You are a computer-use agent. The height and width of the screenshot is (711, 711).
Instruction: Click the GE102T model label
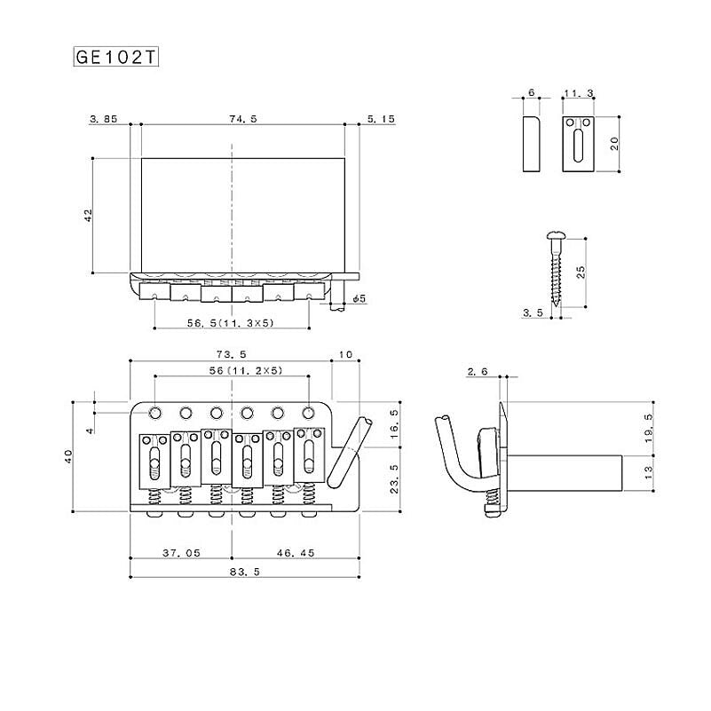point(115,57)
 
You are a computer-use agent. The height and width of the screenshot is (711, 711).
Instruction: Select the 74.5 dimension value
point(243,119)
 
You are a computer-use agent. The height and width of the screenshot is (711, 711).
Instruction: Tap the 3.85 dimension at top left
point(103,119)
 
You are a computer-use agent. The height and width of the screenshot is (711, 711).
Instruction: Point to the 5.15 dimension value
point(381,119)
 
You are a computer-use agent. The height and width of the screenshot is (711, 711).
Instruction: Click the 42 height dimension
point(89,215)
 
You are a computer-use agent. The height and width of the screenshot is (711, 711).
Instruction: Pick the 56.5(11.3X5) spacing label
point(231,323)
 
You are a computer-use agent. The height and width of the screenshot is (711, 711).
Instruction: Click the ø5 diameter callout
point(359,299)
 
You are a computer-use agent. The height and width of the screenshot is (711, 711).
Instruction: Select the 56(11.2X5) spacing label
point(246,370)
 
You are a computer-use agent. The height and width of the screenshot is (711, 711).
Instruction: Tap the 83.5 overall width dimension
point(245,572)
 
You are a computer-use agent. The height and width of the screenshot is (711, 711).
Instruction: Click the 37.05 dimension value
point(181,553)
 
